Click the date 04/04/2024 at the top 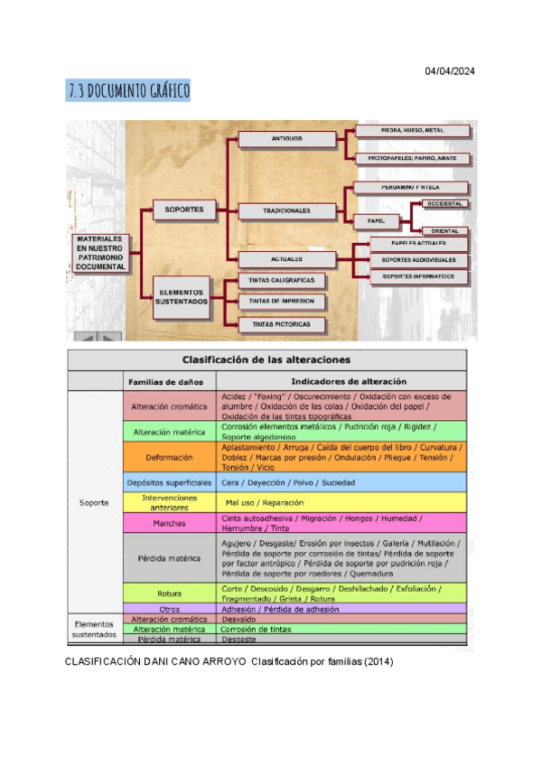(x=449, y=71)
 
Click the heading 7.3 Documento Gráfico (x=128, y=91)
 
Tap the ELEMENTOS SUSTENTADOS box (x=184, y=296)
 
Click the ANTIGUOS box (x=286, y=139)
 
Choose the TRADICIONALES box (x=286, y=210)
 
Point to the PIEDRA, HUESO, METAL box (x=412, y=131)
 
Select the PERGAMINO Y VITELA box (x=411, y=188)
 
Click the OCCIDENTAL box (x=444, y=204)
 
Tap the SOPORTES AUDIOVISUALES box (x=418, y=260)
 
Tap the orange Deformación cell (x=171, y=457)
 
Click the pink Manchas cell (x=171, y=523)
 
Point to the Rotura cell (x=171, y=593)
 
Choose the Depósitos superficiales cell (x=171, y=482)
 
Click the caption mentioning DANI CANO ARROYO (x=229, y=661)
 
